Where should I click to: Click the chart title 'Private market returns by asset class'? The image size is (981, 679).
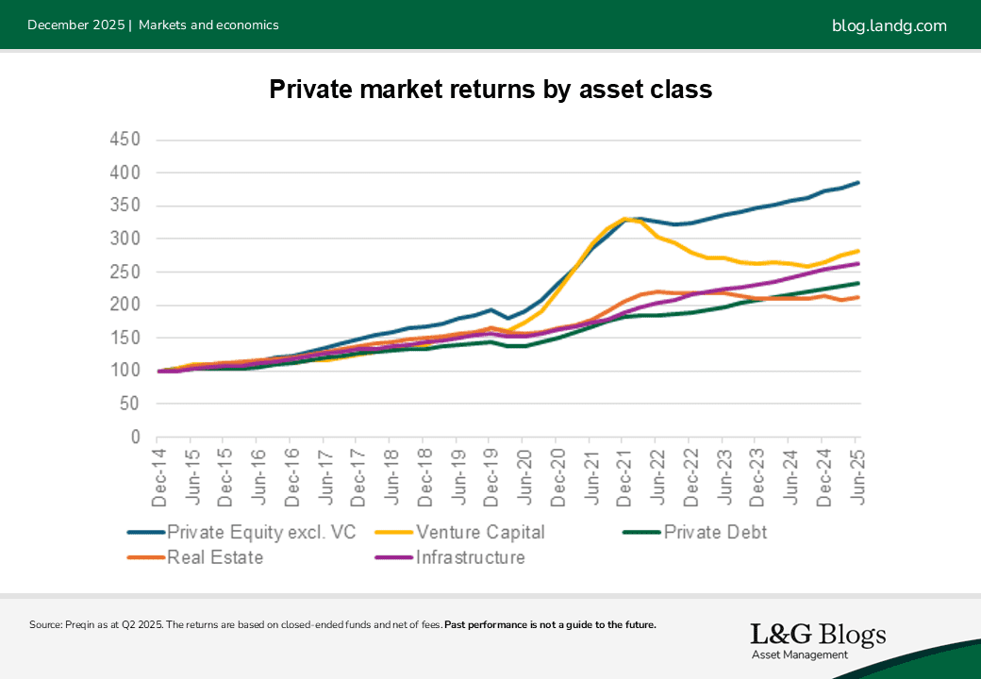pyautogui.click(x=490, y=90)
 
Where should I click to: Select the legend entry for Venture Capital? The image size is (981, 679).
pyautogui.click(x=482, y=532)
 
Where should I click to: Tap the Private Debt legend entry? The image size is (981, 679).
pyautogui.click(x=714, y=532)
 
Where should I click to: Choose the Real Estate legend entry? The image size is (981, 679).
pyautogui.click(x=215, y=557)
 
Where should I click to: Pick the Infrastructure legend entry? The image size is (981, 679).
pyautogui.click(x=470, y=557)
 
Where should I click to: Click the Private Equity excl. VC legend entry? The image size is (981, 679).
pyautogui.click(x=261, y=532)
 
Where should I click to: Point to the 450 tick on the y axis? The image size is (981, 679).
pyautogui.click(x=124, y=140)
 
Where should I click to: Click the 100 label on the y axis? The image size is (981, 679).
pyautogui.click(x=124, y=371)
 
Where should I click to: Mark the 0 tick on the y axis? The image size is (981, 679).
pyautogui.click(x=135, y=438)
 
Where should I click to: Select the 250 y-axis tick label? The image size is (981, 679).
pyautogui.click(x=124, y=272)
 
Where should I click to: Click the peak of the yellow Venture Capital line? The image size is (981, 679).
pyautogui.click(x=624, y=219)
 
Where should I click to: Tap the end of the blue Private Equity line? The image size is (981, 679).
pyautogui.click(x=857, y=182)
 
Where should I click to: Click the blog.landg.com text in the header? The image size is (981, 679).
pyautogui.click(x=889, y=25)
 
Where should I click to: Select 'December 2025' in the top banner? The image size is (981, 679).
pyautogui.click(x=75, y=25)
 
